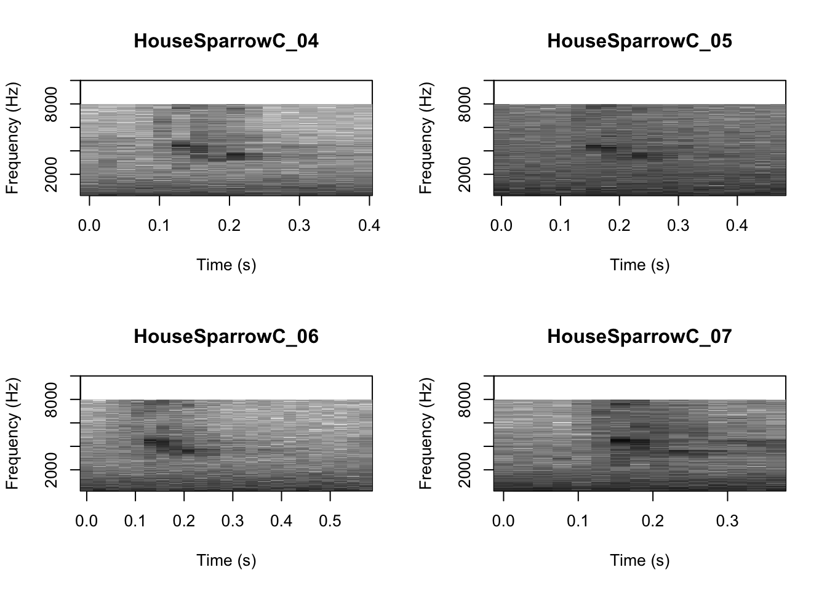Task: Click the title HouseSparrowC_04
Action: coord(226,41)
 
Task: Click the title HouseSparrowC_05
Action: coord(639,41)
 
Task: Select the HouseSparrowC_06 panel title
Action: coord(226,337)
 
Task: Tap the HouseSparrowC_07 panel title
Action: coord(639,337)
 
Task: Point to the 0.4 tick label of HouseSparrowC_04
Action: coord(369,226)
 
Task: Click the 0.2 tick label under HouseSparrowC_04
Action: coord(229,226)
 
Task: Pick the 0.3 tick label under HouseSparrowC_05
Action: coord(678,226)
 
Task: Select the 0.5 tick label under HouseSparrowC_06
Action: coord(330,521)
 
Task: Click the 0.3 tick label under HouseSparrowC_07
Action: coord(727,521)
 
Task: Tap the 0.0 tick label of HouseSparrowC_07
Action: coord(503,521)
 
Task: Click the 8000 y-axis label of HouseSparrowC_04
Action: coord(52,104)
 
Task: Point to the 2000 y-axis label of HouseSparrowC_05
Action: coord(465,174)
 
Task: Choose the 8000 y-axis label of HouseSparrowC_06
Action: coord(52,400)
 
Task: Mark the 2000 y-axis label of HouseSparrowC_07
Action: coord(465,470)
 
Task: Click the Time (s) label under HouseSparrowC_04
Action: coord(226,265)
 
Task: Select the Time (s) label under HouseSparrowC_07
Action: coord(639,561)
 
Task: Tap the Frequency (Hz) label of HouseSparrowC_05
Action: coord(426,138)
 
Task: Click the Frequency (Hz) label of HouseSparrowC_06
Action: coord(12,433)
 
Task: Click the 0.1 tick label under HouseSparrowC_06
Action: coord(135,521)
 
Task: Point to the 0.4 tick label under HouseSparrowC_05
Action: coord(737,226)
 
